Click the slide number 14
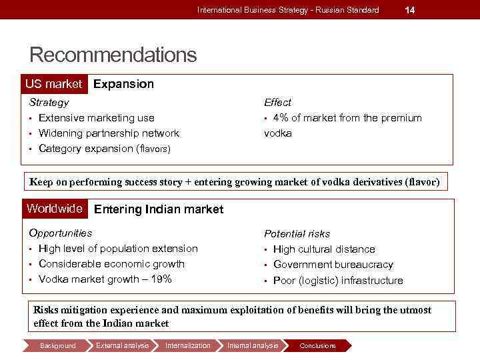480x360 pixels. (x=410, y=10)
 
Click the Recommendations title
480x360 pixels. (x=113, y=55)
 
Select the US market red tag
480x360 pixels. (x=53, y=84)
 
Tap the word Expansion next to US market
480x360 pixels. (x=123, y=84)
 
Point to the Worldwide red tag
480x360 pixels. (x=55, y=209)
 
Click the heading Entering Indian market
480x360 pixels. (x=159, y=209)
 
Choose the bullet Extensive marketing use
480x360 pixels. (x=97, y=118)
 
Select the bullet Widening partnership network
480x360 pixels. (x=109, y=133)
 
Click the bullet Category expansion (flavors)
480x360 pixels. (x=105, y=149)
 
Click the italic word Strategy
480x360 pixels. (x=49, y=103)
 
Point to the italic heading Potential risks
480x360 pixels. (x=297, y=234)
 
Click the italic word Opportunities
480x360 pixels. (x=61, y=233)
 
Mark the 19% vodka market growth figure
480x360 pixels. (x=161, y=279)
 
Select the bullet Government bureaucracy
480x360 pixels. (x=333, y=265)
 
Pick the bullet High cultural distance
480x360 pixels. (x=324, y=249)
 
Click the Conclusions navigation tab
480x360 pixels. (x=317, y=345)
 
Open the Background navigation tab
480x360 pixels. (x=58, y=345)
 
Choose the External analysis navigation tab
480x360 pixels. (x=122, y=345)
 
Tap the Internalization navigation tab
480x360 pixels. (x=187, y=345)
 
